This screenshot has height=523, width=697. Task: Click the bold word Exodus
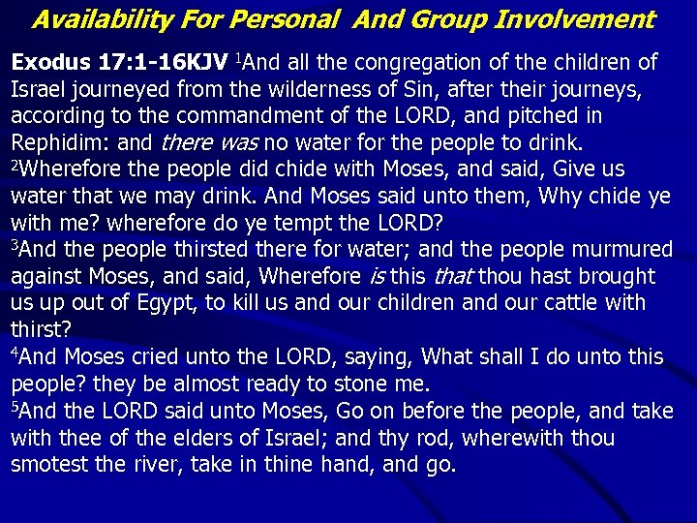tap(50, 64)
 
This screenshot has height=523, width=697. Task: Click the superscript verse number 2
tap(14, 166)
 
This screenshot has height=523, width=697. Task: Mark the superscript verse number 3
tap(15, 246)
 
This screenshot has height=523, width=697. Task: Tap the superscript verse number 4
tap(15, 353)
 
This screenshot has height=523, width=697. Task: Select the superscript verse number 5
tap(15, 406)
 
